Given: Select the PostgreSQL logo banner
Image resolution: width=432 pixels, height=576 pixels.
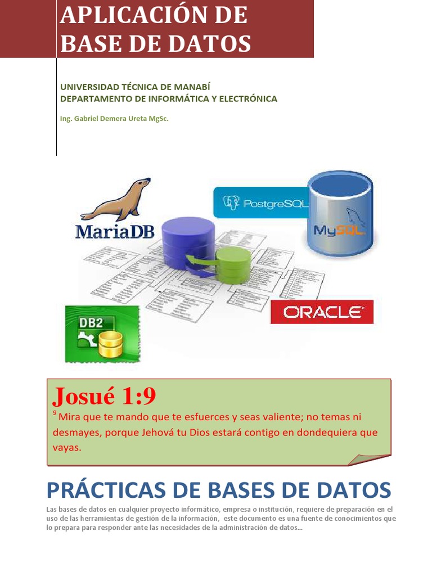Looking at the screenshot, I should pos(262,202).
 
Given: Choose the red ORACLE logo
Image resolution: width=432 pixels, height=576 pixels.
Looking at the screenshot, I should pos(322,312).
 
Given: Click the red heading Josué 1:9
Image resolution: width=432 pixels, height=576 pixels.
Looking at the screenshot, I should pos(104,397).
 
